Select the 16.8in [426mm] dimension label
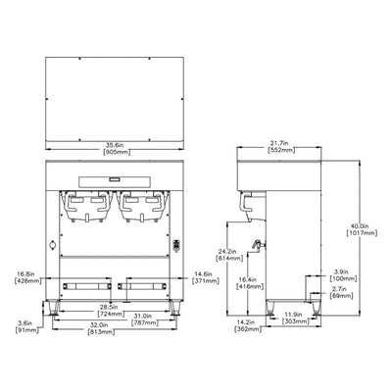pyautogui.click(x=25, y=277)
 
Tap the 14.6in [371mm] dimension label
pyautogui.click(x=204, y=277)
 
